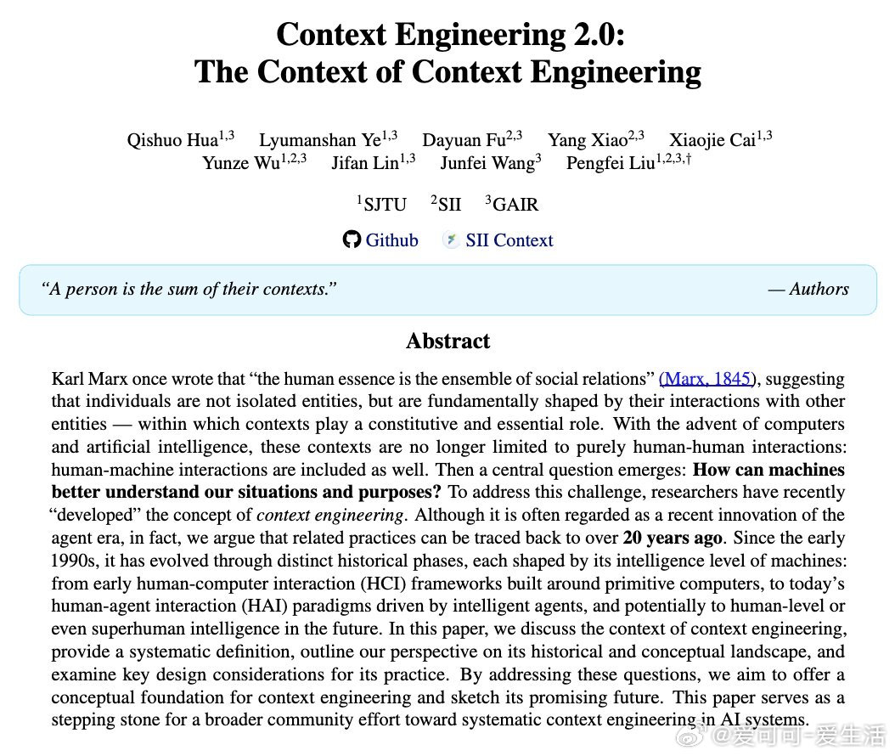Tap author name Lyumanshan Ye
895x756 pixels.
320,140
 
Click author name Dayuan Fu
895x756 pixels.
464,140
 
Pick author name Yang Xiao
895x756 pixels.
587,140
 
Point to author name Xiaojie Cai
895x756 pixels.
712,140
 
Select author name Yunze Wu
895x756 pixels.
240,163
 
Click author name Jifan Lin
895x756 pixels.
363,163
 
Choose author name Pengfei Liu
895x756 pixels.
611,163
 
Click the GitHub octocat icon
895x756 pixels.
352,240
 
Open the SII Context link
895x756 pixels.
509,240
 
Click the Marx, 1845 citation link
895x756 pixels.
705,379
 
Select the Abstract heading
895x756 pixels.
447,341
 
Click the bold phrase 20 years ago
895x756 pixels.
673,538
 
